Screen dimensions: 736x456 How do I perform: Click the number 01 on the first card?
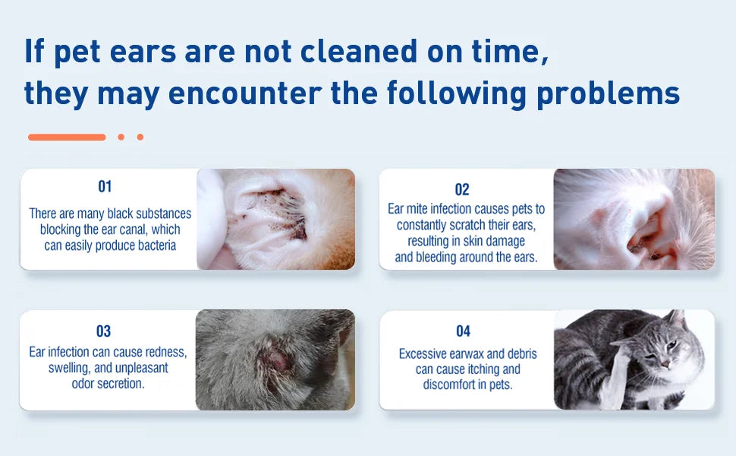click(105, 187)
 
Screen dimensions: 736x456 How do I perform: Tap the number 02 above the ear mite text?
click(462, 189)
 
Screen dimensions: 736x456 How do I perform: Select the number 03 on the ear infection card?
click(103, 331)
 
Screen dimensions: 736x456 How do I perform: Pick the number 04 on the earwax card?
click(463, 331)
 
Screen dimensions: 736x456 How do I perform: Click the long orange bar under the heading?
click(67, 138)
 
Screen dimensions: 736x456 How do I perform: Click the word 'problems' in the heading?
click(608, 93)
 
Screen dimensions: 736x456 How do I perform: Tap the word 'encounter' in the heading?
click(245, 93)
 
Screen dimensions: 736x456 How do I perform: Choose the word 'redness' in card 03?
click(165, 352)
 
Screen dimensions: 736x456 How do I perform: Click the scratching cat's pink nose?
click(665, 365)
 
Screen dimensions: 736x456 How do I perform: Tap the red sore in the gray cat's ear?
click(277, 360)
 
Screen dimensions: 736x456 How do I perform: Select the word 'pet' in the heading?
click(77, 52)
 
